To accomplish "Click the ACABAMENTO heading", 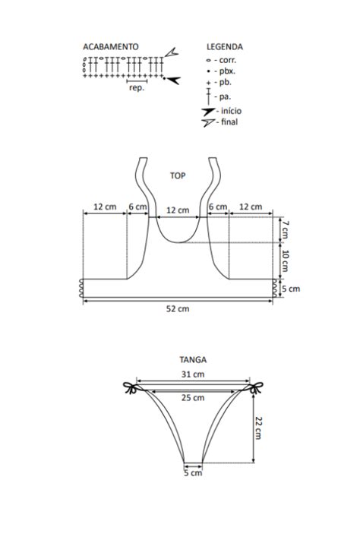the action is coord(111,47).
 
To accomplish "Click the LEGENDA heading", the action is coord(225,47).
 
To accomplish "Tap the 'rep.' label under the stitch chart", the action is coord(137,88).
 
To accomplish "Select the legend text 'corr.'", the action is coord(228,60).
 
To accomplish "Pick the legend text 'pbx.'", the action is coord(227,71).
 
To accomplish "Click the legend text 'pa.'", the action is coord(225,96).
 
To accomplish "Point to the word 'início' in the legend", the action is coord(231,111).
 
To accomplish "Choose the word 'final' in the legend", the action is coord(229,122).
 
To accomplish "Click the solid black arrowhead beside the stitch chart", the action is coord(173,80).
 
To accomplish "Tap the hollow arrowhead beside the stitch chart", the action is coord(172,52).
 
